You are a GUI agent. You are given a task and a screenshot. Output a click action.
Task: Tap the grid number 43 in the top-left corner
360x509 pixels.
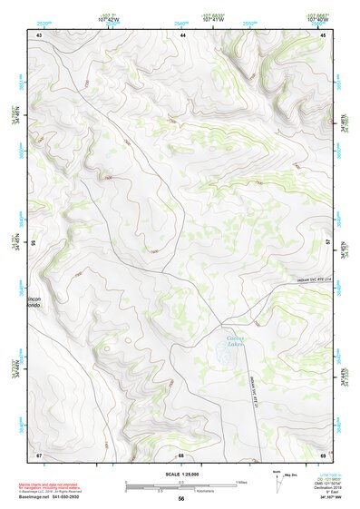tap(39, 34)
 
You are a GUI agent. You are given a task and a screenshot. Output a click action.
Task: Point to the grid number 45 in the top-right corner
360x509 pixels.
tap(325, 34)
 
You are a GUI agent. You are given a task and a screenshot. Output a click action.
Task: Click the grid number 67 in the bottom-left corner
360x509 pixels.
tap(39, 454)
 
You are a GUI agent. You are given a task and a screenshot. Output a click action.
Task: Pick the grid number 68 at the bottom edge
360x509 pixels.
tap(181, 454)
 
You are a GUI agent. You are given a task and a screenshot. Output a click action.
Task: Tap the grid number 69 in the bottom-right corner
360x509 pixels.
tap(324, 454)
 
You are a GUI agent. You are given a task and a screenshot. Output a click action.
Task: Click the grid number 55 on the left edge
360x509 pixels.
tap(34, 243)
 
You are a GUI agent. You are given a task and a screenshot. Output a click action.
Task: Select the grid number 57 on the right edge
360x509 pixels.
tap(329, 243)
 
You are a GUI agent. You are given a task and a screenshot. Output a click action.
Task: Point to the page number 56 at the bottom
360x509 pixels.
tap(181, 499)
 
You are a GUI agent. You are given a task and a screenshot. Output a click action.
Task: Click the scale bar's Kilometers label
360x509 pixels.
tap(182, 491)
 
